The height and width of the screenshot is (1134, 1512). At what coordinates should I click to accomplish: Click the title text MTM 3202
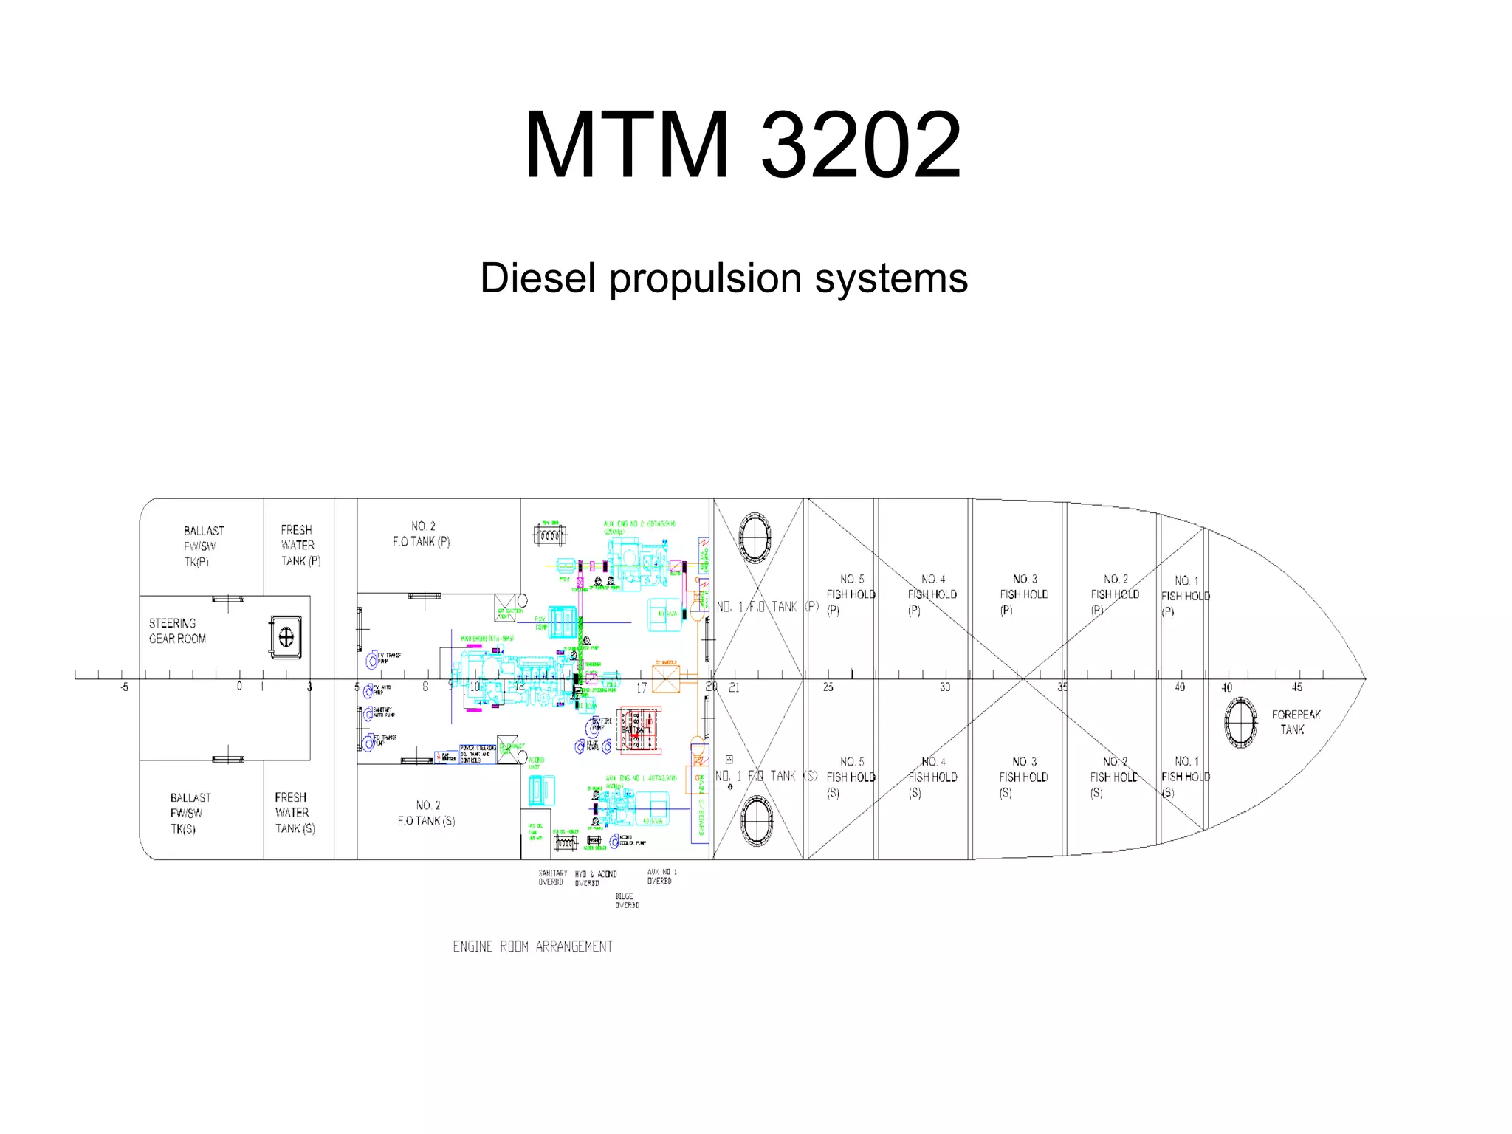click(743, 145)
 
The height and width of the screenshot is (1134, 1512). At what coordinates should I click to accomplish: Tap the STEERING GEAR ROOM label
click(177, 631)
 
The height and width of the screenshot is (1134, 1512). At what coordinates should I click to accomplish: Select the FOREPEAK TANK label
click(1295, 722)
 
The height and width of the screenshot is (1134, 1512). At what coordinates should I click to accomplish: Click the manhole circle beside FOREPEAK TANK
click(1240, 722)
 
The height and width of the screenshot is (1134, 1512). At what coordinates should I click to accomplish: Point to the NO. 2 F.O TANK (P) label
click(422, 534)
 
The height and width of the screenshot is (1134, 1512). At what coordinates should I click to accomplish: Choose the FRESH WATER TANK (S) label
click(295, 813)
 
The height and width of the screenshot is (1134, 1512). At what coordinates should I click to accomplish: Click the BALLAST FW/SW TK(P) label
click(200, 546)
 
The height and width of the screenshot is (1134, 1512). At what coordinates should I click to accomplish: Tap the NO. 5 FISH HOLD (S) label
click(850, 777)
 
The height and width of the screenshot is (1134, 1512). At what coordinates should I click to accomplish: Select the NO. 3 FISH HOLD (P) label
click(1023, 594)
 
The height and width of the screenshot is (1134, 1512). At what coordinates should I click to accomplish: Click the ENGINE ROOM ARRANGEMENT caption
click(532, 946)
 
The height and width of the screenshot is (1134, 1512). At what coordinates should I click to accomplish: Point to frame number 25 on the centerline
click(828, 687)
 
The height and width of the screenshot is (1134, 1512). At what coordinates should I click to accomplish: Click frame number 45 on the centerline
click(1296, 687)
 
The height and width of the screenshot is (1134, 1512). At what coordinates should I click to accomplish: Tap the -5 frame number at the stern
click(124, 687)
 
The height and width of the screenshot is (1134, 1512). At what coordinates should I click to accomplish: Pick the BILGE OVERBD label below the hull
click(627, 901)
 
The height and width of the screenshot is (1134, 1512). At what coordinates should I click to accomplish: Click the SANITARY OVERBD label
click(552, 878)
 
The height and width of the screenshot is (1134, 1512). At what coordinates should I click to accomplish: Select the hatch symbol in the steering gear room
click(286, 636)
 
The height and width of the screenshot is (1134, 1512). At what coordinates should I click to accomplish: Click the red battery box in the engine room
click(639, 730)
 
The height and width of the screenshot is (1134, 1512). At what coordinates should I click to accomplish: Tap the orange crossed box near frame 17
click(665, 678)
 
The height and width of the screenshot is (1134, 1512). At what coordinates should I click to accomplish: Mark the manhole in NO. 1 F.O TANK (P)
click(755, 537)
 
